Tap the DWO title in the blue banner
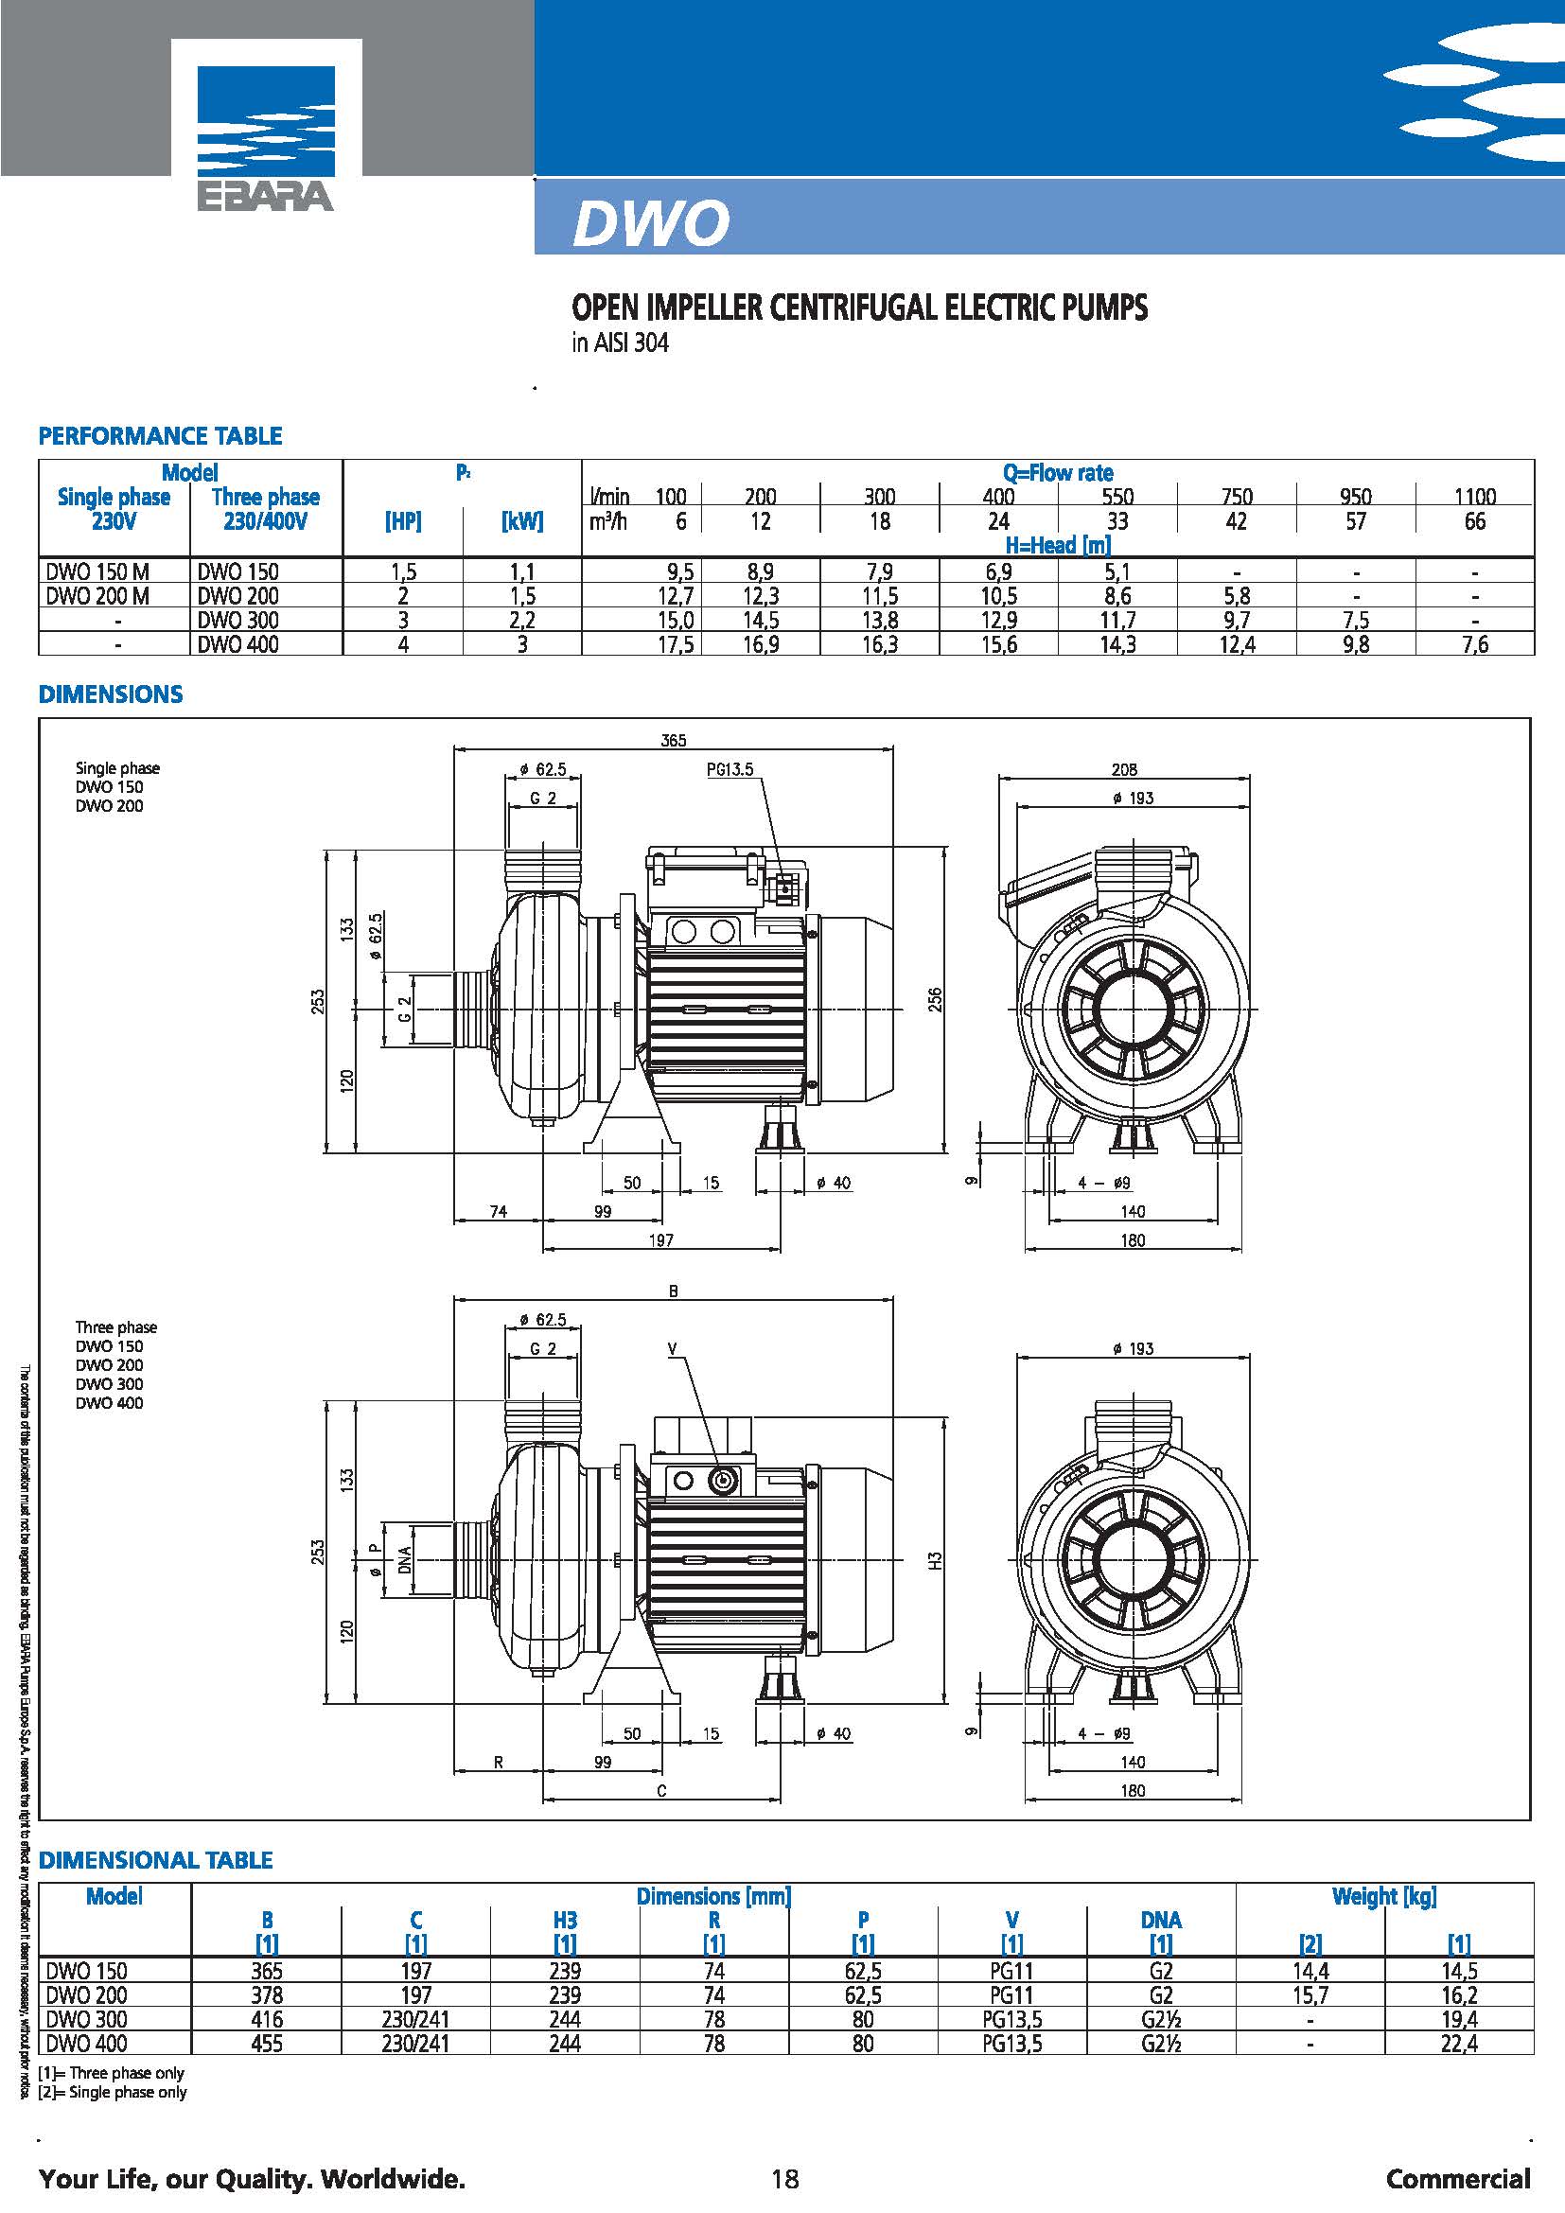pos(651,223)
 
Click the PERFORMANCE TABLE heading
pos(160,435)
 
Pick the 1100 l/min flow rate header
pos(1474,498)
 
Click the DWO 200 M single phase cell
pos(98,596)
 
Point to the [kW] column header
pos(522,521)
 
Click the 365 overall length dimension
pos(674,740)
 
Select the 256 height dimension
pos(935,999)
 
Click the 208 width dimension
pos(1124,769)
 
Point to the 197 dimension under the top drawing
pos(660,1240)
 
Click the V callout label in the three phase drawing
pos(674,1349)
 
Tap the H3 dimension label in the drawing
pos(935,1558)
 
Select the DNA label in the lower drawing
pos(404,1558)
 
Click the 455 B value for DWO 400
pos(267,2043)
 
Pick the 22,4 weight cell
pos(1459,2043)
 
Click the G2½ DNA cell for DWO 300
pos(1161,2018)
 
